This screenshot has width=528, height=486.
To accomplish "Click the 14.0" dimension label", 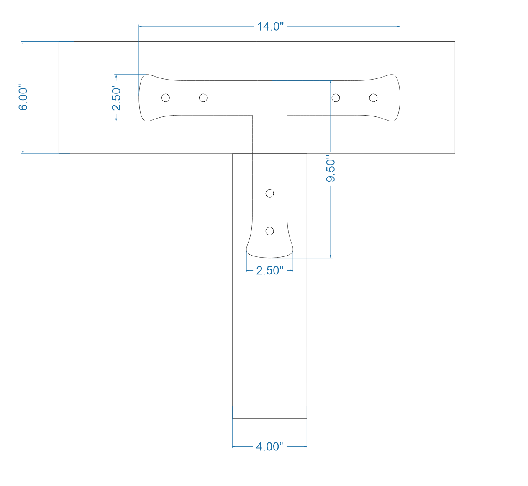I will click(x=270, y=26).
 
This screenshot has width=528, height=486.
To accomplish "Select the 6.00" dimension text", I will click(x=23, y=99).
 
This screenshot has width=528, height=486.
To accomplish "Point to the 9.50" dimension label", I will click(x=331, y=170).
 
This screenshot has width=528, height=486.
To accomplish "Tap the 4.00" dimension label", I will click(x=269, y=447).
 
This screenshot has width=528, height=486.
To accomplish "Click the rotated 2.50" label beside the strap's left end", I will click(x=116, y=98).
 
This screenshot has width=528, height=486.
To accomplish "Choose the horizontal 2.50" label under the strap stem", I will click(x=270, y=271).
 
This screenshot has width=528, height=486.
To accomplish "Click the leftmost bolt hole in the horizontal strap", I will click(x=166, y=98).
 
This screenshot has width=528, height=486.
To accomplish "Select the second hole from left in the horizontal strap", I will click(x=203, y=98).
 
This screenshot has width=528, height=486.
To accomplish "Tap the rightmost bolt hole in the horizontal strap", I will click(x=373, y=98).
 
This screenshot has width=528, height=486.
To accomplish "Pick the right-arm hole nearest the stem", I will click(x=336, y=98).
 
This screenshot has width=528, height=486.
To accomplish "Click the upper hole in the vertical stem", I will click(x=270, y=193).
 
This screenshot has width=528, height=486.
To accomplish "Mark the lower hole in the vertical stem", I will click(x=270, y=231).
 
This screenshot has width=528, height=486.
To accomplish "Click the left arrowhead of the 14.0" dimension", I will click(x=141, y=26).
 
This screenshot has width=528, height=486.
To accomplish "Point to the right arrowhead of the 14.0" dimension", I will click(x=398, y=26).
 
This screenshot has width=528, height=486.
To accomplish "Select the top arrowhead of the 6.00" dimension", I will click(x=23, y=44).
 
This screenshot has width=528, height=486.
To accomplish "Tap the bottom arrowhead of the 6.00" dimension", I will click(x=23, y=151).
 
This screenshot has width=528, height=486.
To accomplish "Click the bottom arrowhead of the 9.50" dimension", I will click(x=331, y=255).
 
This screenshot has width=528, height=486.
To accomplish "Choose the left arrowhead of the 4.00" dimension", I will click(x=235, y=447).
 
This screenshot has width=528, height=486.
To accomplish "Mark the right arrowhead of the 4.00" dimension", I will click(x=305, y=447).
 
